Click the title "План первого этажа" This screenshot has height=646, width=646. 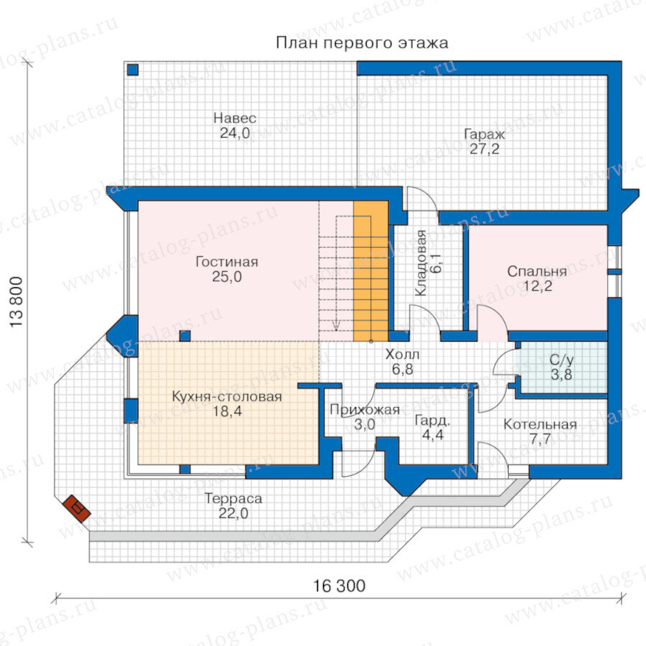point(362,43)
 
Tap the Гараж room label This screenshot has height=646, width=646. point(484,134)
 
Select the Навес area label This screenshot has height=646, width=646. point(235,118)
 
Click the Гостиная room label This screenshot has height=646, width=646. point(227,261)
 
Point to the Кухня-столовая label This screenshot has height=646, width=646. point(227,396)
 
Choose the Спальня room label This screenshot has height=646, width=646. point(537,271)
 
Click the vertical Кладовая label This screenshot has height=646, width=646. point(421,263)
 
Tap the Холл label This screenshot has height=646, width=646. point(403,355)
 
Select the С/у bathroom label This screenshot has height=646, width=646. point(561,360)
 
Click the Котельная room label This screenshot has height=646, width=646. point(540,424)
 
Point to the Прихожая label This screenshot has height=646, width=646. point(365,410)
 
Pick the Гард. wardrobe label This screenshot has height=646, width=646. point(432,421)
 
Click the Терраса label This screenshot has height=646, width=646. point(233,499)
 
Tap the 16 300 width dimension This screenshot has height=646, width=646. point(339,586)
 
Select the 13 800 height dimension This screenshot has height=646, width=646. point(16,302)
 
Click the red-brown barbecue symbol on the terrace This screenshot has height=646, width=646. point(77,508)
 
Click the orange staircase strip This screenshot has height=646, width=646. point(371,271)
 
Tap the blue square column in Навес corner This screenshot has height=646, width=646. point(133,70)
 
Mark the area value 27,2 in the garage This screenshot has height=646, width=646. point(484,149)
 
